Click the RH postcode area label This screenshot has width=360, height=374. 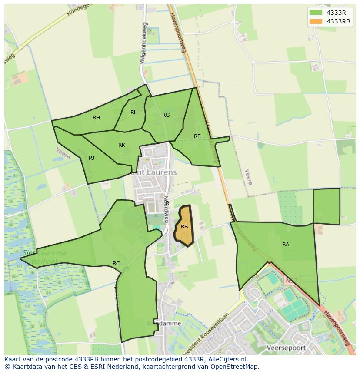[96, 118]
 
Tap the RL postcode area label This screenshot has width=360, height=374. [133, 113]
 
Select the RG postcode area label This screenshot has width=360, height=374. [166, 115]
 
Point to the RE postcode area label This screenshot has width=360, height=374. [197, 136]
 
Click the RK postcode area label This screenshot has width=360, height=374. [122, 145]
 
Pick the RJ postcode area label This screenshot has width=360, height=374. [92, 158]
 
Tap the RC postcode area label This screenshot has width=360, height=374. [116, 264]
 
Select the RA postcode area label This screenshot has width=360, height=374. [286, 245]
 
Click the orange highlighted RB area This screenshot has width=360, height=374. [184, 226]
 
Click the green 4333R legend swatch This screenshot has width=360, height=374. [316, 13]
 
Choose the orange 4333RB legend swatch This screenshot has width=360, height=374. [316, 22]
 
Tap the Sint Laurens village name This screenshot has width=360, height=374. [154, 172]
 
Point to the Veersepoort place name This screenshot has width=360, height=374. [286, 348]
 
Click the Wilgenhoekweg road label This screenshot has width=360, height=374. [144, 43]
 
